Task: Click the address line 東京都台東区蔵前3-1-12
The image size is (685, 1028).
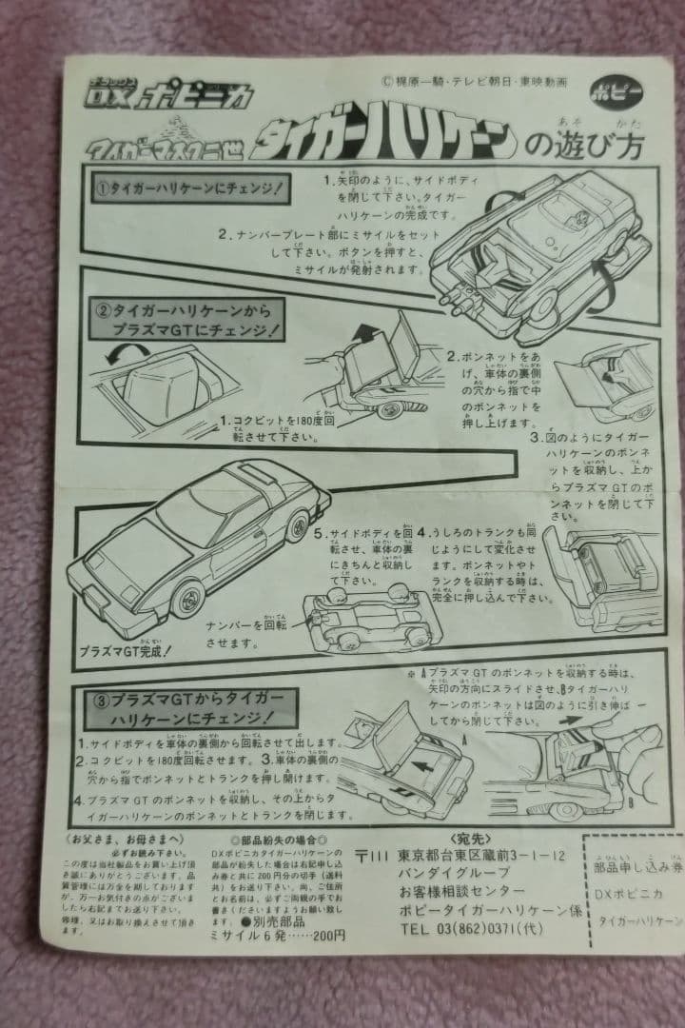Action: tap(471, 856)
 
